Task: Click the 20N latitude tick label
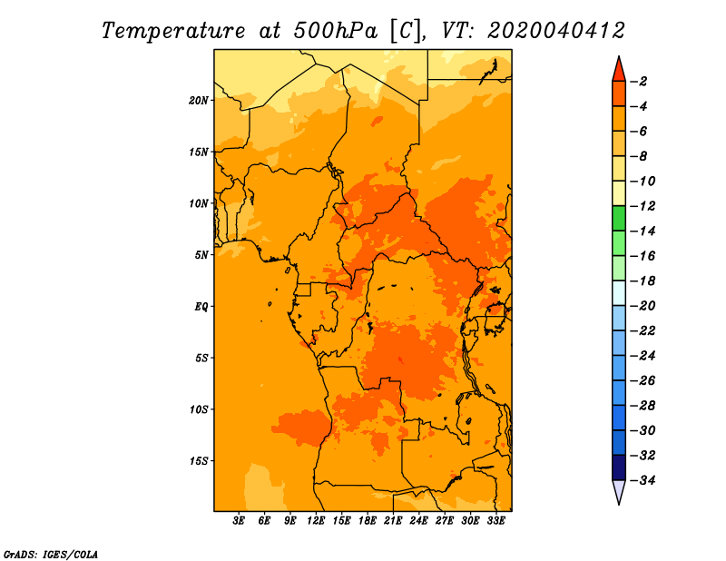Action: (199, 101)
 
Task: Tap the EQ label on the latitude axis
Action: (201, 307)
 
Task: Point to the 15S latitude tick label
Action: (199, 461)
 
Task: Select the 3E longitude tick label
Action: (239, 521)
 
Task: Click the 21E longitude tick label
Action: (393, 521)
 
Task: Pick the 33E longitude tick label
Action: (495, 521)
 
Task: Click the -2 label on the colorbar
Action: (639, 82)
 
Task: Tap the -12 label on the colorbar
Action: (643, 206)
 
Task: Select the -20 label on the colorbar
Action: (643, 306)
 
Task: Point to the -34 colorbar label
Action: (643, 480)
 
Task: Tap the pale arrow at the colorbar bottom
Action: (619, 490)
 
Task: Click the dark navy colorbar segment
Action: (619, 467)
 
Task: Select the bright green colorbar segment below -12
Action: (619, 219)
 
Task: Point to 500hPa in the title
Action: (335, 31)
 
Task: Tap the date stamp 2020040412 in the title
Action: (555, 31)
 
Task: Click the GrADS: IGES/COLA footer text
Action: (51, 555)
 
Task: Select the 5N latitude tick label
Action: (201, 255)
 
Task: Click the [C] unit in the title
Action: (406, 32)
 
